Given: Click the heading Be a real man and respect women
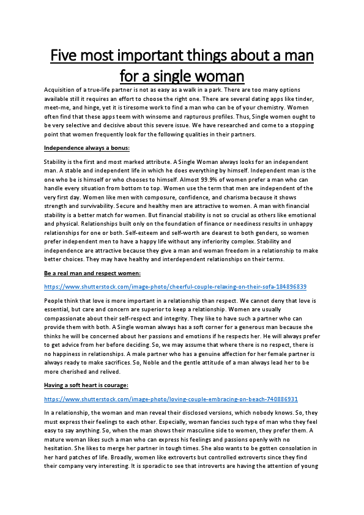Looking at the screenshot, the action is [92, 273].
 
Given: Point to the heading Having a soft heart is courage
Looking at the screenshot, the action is [91, 385].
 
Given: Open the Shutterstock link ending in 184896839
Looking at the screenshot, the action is [175, 286].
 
